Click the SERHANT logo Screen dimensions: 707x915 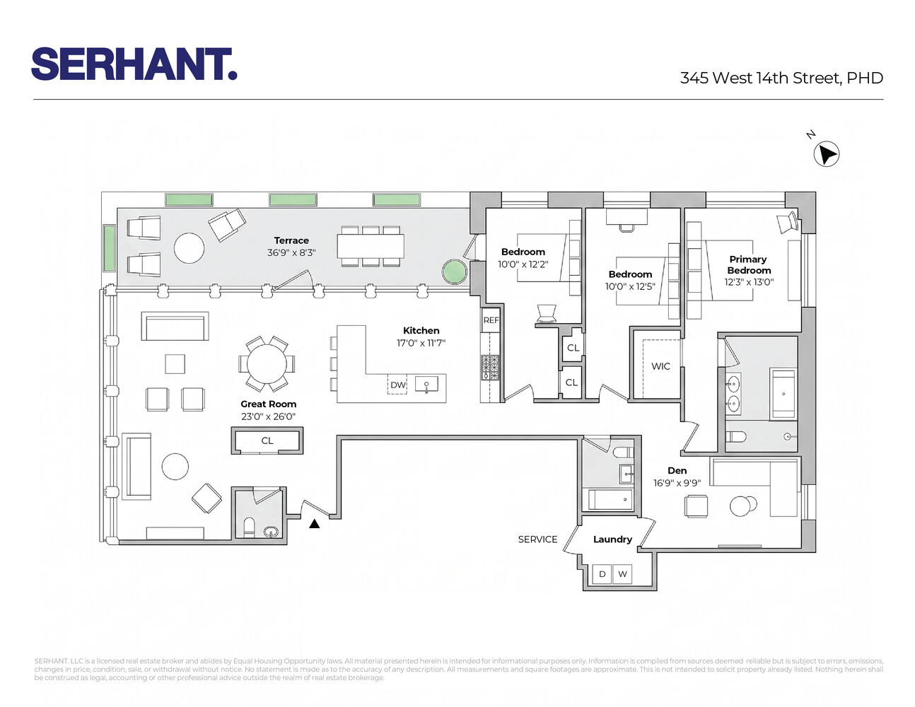click(134, 64)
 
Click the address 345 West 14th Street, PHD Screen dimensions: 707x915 click(781, 78)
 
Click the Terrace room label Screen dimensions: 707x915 click(291, 240)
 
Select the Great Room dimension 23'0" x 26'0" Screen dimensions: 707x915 click(268, 416)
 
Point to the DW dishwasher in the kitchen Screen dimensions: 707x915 click(397, 385)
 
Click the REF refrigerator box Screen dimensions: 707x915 click(491, 320)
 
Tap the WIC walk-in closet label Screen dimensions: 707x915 click(660, 366)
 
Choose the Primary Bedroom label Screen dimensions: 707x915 click(749, 264)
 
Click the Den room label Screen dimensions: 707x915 click(677, 470)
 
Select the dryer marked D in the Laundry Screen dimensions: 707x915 click(602, 574)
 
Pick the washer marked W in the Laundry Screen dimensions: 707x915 click(622, 574)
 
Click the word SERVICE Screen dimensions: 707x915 click(537, 539)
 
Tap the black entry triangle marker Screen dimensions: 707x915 click(315, 524)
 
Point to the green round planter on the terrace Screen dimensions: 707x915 click(455, 271)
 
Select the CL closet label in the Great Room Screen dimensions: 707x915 click(267, 440)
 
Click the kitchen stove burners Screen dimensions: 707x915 click(490, 367)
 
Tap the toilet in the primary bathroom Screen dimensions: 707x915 click(736, 436)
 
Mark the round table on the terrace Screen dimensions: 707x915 click(189, 248)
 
